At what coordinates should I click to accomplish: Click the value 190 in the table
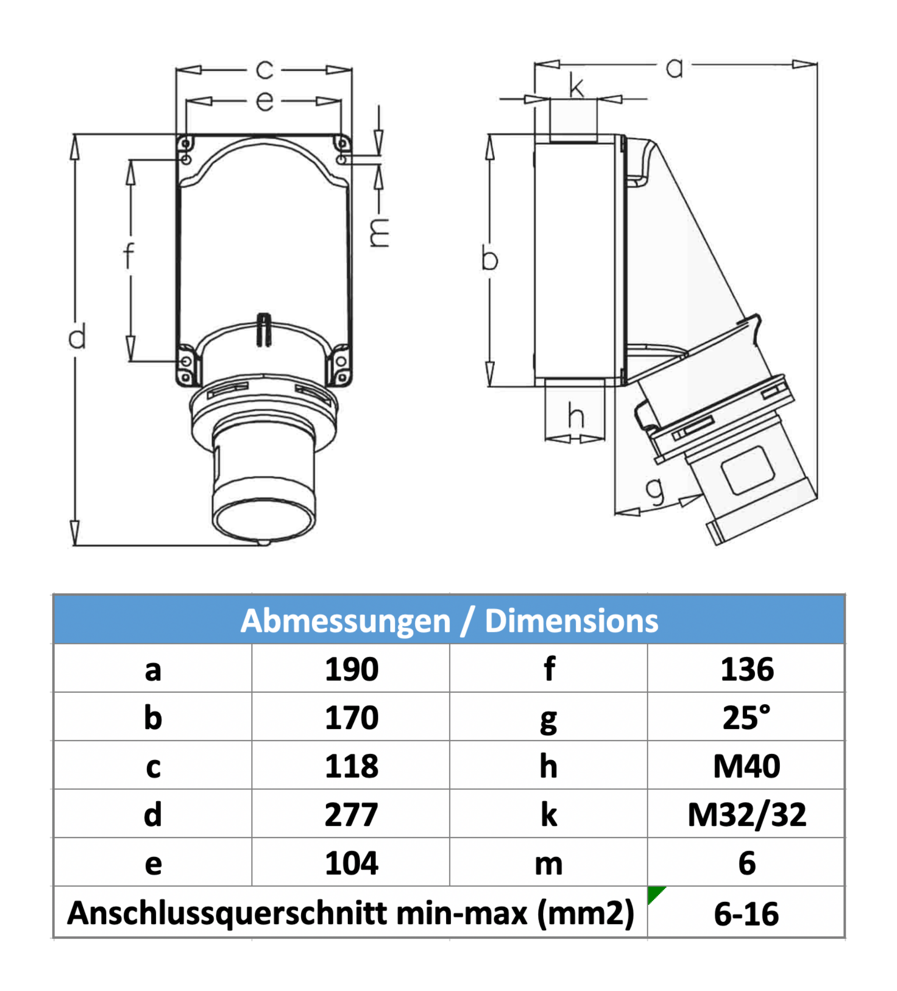(351, 669)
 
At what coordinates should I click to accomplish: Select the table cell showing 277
(351, 814)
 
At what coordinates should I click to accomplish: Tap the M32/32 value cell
(747, 814)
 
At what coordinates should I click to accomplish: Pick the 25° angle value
(747, 717)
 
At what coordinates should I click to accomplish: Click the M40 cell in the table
(747, 766)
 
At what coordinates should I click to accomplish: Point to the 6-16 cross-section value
(746, 914)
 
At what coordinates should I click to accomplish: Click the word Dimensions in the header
(571, 620)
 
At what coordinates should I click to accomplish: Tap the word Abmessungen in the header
(345, 620)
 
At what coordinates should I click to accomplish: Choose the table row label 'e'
(153, 863)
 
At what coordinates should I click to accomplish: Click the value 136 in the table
(747, 669)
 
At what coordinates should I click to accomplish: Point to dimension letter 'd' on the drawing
(77, 336)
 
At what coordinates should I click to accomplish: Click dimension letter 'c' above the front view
(265, 70)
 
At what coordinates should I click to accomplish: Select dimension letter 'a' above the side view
(674, 67)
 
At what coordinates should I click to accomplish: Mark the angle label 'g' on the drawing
(655, 491)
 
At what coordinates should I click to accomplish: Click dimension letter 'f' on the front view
(129, 255)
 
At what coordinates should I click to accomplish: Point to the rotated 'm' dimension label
(379, 233)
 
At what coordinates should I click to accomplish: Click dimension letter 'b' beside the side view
(489, 259)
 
